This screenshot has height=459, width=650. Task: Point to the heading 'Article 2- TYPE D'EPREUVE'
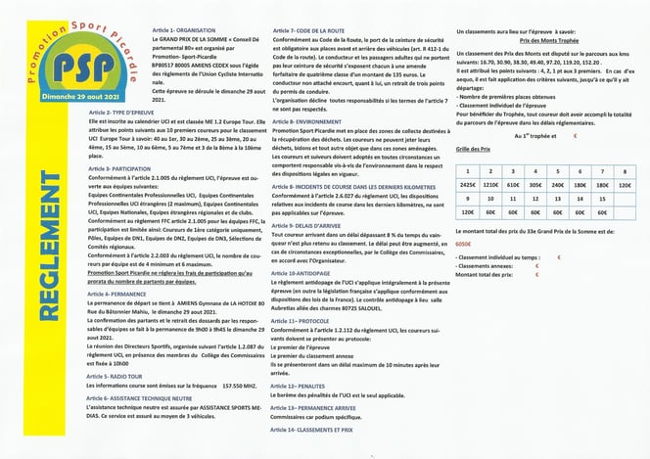tap(116, 113)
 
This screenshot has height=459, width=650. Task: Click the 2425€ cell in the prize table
tap(469, 183)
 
